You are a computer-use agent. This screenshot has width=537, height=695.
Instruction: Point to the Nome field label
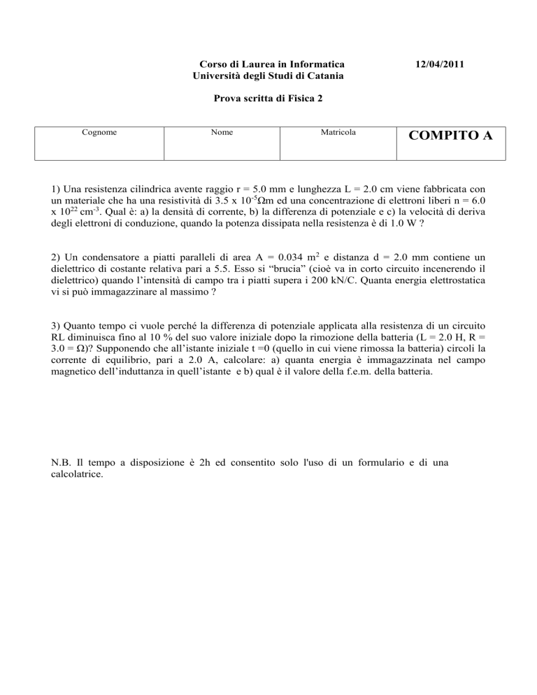tap(223, 131)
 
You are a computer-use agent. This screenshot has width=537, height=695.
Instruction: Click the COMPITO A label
tap(448, 136)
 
